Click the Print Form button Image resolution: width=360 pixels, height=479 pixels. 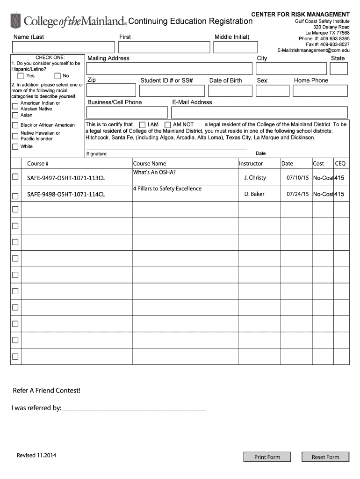[x=267, y=457]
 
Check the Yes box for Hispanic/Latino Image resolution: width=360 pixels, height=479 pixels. [x=21, y=76]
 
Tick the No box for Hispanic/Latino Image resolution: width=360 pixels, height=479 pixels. [x=58, y=76]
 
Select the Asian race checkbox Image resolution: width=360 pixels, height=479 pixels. [x=15, y=115]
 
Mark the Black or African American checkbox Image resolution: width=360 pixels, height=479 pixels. [x=15, y=125]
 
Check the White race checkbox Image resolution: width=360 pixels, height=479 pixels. [x=15, y=146]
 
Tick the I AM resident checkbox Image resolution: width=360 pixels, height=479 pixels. [x=143, y=125]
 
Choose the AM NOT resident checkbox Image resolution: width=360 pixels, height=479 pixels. [x=167, y=125]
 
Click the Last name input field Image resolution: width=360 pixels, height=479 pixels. [x=64, y=47]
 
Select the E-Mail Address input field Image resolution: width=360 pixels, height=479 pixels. [x=259, y=112]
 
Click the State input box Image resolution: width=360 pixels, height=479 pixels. [x=338, y=69]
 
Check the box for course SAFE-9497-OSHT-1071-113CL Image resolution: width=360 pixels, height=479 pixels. [x=15, y=177]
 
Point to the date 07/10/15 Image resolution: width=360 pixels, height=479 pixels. [x=298, y=178]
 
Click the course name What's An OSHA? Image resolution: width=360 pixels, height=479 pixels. [x=155, y=172]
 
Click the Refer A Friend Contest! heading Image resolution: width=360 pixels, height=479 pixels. [x=46, y=391]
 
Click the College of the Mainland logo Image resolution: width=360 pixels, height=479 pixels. [x=69, y=21]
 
